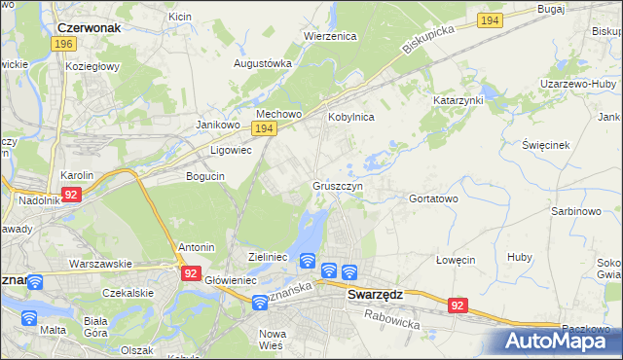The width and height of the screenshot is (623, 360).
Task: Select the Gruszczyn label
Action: click(338, 185)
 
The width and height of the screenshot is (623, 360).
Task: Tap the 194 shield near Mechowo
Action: click(263, 128)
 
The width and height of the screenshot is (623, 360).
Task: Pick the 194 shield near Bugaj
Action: click(492, 20)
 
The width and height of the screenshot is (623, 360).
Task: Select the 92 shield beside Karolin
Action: click(70, 195)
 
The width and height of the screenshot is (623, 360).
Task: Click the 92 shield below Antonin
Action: click(190, 274)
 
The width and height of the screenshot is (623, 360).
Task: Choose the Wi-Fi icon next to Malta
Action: click(28, 317)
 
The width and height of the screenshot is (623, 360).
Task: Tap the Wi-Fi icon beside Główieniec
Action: click(259, 303)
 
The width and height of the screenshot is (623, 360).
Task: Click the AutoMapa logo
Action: click(560, 341)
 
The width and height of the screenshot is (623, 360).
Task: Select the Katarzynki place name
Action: click(458, 100)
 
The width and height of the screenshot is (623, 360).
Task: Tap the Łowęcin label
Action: click(455, 260)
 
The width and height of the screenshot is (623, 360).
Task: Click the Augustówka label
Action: click(263, 63)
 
